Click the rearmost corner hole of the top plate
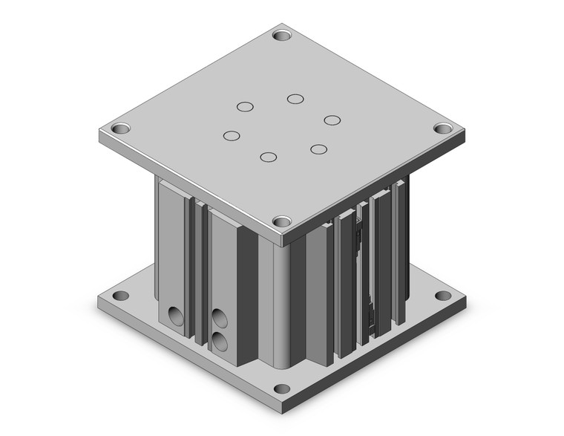point(281,34)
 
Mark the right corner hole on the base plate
point(443,296)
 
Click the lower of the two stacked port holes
point(220,342)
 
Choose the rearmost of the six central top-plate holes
point(295,99)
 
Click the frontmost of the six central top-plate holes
point(269,157)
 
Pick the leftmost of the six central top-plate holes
point(232,136)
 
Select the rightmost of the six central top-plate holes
point(331,120)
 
